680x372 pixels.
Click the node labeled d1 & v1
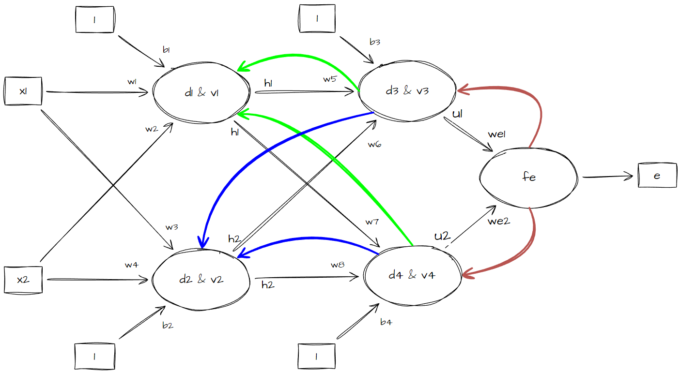coord(201,93)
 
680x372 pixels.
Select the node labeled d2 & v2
coord(201,279)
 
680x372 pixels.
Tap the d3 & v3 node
coord(407,90)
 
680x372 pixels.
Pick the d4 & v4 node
coord(412,275)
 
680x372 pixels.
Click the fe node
coord(529,177)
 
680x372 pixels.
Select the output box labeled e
coord(657,176)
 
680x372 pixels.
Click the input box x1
coord(23,91)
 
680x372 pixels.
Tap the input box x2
coord(23,279)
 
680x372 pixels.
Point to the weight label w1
coord(132,82)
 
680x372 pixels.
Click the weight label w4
coord(131,265)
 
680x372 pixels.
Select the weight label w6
coord(374,144)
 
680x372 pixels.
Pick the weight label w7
coord(371,222)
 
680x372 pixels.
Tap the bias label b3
coord(374,42)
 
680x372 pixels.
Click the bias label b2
coord(168,325)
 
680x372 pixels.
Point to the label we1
coord(496,134)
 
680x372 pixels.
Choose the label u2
coord(442,236)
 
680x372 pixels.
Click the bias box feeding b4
coord(316,357)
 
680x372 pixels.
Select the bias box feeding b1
coord(94,20)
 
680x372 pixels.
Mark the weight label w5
coord(330,79)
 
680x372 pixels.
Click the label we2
coord(499,221)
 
